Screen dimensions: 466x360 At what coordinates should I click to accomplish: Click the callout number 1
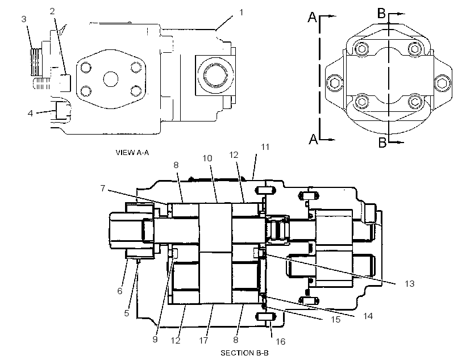(242, 12)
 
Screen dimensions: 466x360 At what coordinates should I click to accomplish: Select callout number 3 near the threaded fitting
(24, 19)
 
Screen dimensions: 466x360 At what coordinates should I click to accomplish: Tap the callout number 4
(30, 113)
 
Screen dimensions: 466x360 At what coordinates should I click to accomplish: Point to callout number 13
(409, 284)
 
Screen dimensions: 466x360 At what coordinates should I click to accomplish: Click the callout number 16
(280, 342)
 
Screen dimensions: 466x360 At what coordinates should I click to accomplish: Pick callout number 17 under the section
(203, 340)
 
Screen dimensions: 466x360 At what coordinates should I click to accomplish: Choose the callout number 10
(207, 158)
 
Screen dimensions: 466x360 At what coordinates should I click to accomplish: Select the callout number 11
(265, 146)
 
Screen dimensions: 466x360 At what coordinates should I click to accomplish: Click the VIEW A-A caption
(132, 153)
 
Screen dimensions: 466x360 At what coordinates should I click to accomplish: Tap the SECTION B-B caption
(244, 353)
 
